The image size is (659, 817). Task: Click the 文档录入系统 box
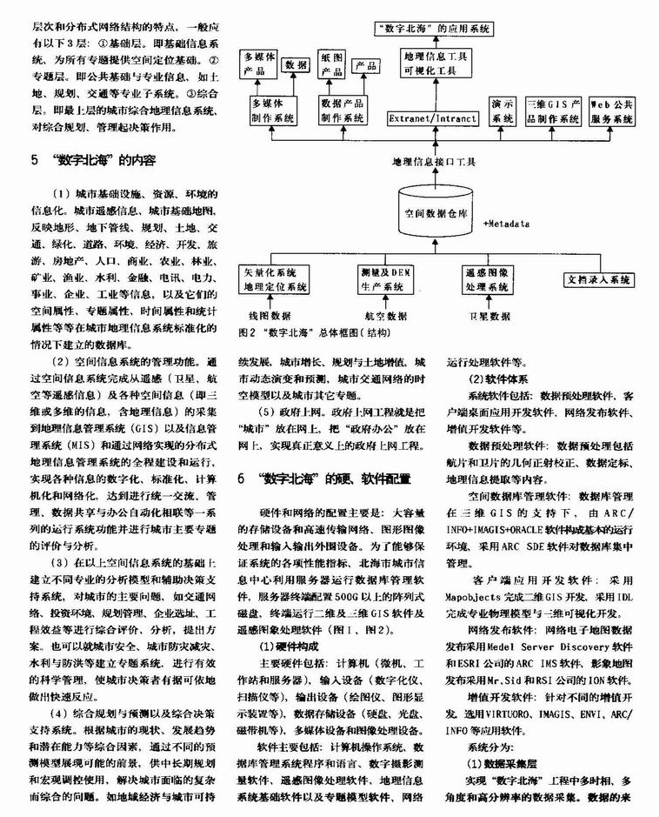tap(598, 279)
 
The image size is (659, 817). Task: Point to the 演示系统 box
tap(501, 110)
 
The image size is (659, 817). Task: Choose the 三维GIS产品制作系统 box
tap(552, 110)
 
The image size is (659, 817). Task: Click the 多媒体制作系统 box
tap(275, 110)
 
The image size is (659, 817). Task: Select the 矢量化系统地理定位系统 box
tap(275, 279)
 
